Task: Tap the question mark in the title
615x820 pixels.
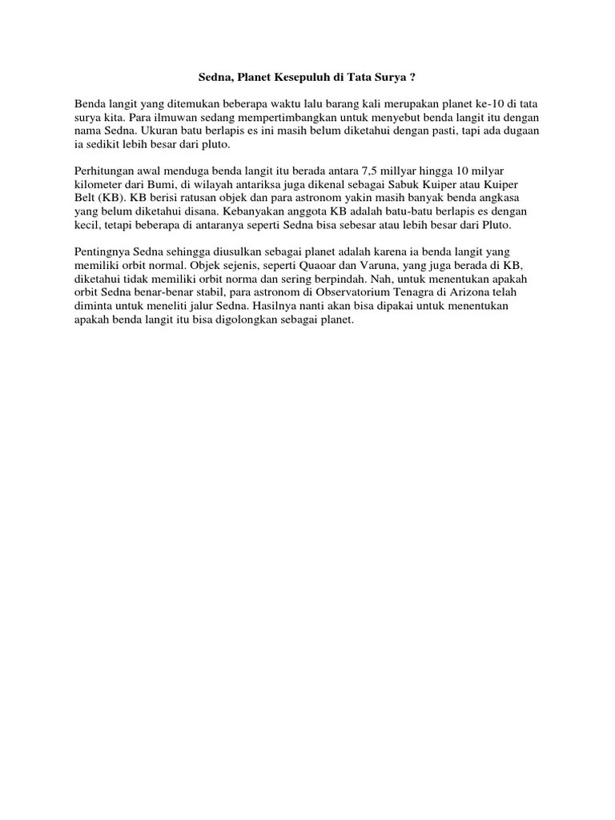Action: click(x=413, y=78)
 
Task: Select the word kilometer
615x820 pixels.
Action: click(x=99, y=186)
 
